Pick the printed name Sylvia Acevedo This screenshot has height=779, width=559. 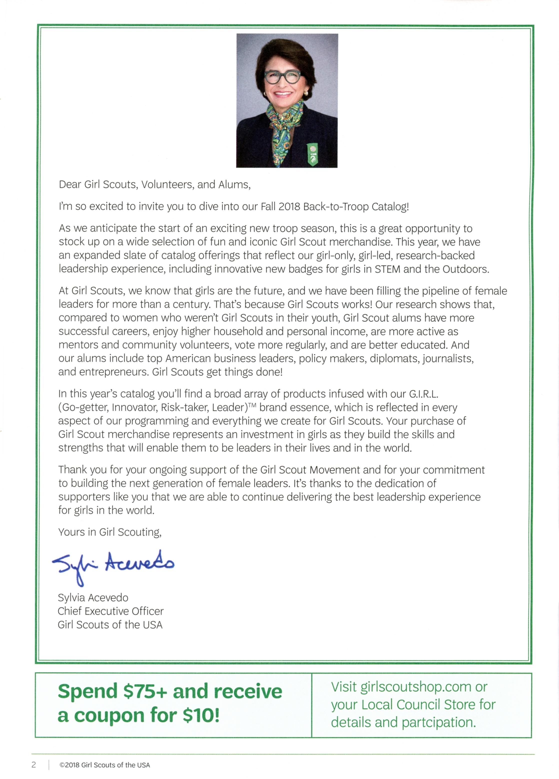[x=93, y=598]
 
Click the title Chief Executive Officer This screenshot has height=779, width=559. [x=110, y=611]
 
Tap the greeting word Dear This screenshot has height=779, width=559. [x=70, y=184]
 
